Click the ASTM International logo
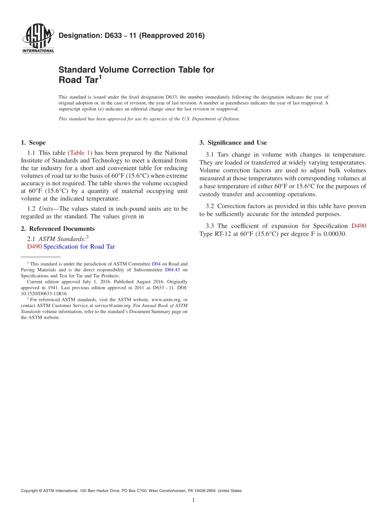tap(38, 39)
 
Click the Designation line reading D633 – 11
tap(132, 35)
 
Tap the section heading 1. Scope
tap(33, 143)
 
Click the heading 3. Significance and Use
tap(233, 143)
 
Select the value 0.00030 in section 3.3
tap(334, 234)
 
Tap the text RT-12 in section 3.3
tap(222, 234)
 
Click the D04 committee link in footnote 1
tap(156, 264)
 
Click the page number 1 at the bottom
tap(193, 500)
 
